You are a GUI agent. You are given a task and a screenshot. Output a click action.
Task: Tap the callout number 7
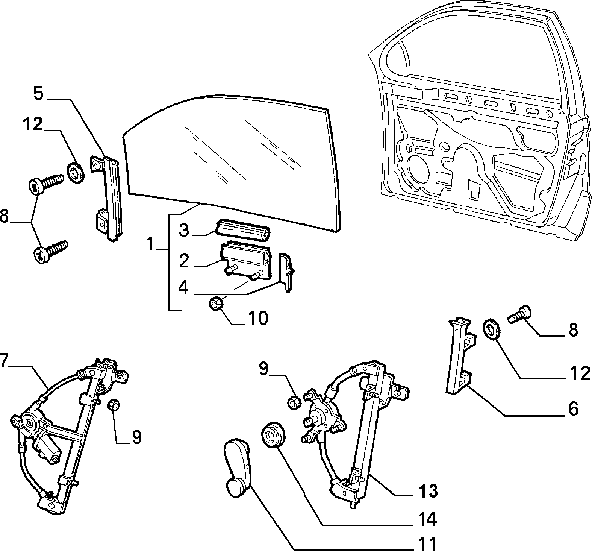[x=4, y=360]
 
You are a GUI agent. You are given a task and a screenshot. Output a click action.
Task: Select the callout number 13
[x=427, y=491]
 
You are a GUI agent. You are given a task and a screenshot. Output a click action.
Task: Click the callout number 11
[x=427, y=543]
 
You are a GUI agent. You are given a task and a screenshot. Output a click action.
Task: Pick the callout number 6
[x=573, y=408]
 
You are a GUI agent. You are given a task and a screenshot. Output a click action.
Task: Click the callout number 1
[x=150, y=244]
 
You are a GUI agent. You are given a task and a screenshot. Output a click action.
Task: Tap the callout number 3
[x=183, y=230]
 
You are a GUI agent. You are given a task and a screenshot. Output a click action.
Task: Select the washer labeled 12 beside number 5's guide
[x=75, y=171]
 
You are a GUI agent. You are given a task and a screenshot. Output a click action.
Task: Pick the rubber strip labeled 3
[x=242, y=229]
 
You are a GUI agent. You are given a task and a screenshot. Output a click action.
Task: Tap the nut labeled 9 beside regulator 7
[x=114, y=405]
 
